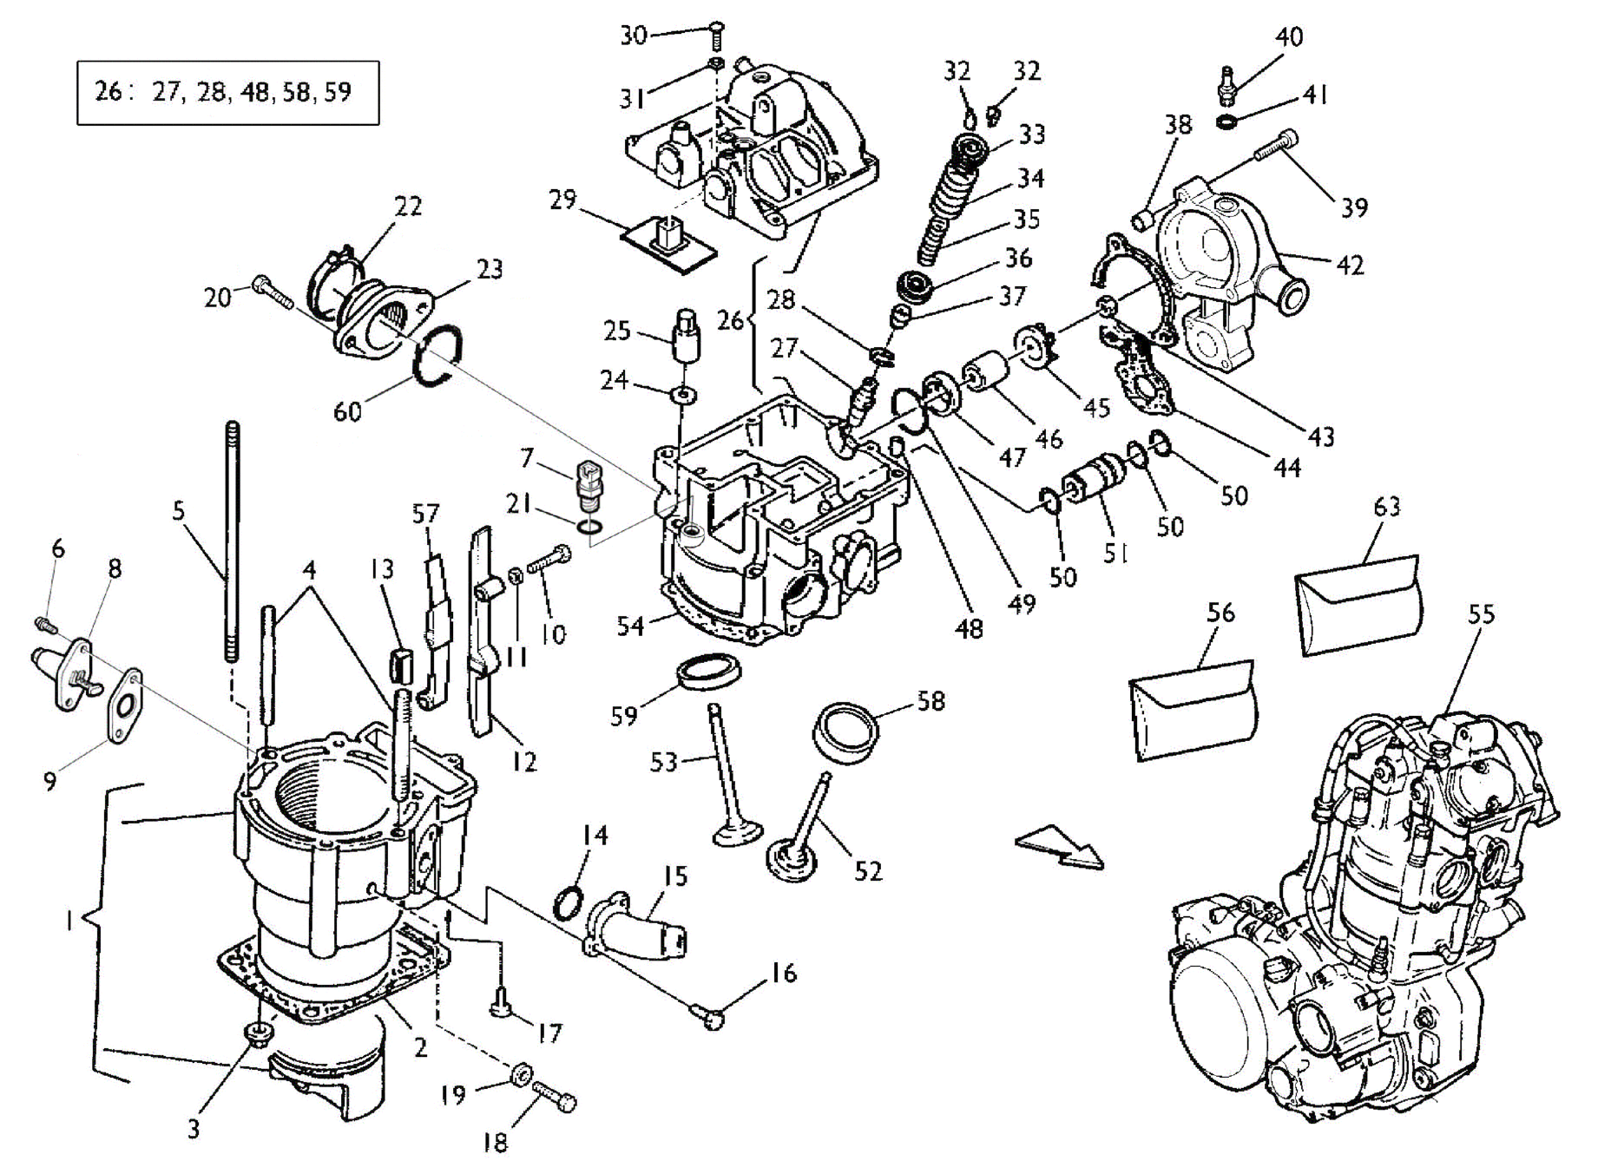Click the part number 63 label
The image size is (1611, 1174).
click(1387, 505)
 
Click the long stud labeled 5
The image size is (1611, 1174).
click(232, 541)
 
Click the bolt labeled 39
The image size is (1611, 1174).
click(1275, 147)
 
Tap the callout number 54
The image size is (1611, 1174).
click(630, 625)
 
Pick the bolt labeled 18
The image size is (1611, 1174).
click(555, 1096)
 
